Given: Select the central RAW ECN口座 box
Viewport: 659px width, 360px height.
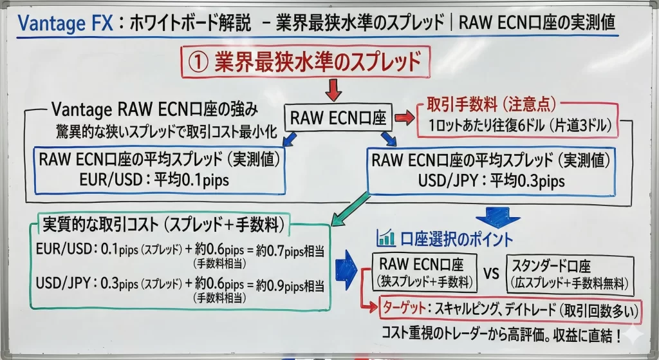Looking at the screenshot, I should tap(338, 118).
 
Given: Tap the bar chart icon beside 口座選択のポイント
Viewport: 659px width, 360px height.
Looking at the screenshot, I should tap(386, 239).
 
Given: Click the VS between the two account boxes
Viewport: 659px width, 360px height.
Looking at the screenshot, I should tap(491, 274).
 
